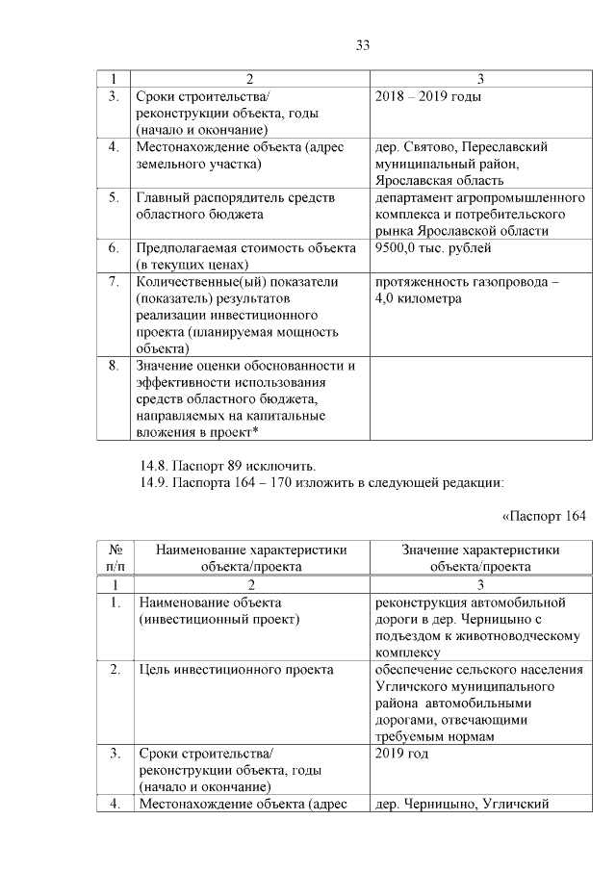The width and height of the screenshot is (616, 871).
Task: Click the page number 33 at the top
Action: (x=363, y=45)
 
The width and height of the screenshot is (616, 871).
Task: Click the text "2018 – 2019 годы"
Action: (x=427, y=97)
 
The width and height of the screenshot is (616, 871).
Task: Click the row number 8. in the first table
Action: (x=114, y=366)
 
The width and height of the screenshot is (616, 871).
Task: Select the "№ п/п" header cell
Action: (x=115, y=557)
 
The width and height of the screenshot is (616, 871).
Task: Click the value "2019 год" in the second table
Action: (x=401, y=753)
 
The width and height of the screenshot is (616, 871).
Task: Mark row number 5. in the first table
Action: (x=114, y=197)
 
